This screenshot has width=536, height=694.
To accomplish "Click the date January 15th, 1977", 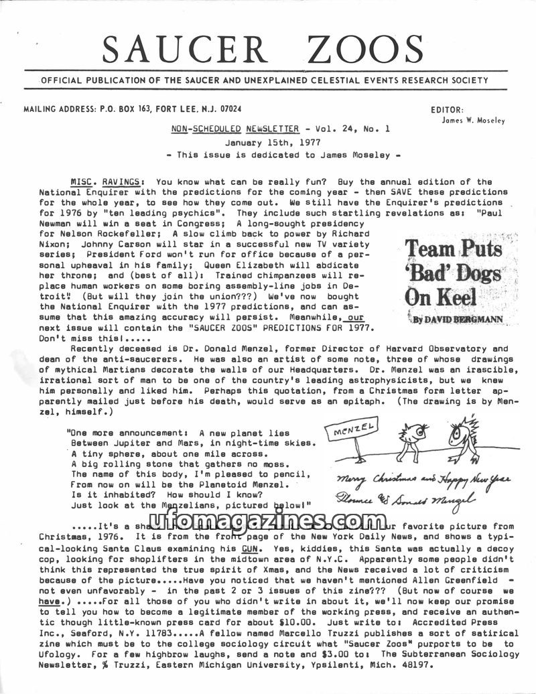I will tap(263, 143).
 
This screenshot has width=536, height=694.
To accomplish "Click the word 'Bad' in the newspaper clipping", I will tap(452, 272).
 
